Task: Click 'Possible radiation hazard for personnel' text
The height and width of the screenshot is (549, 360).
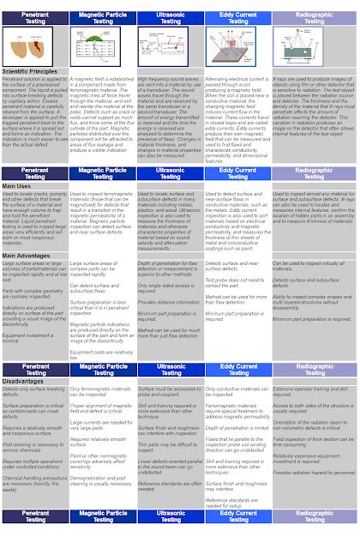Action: pyautogui.click(x=313, y=472)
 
